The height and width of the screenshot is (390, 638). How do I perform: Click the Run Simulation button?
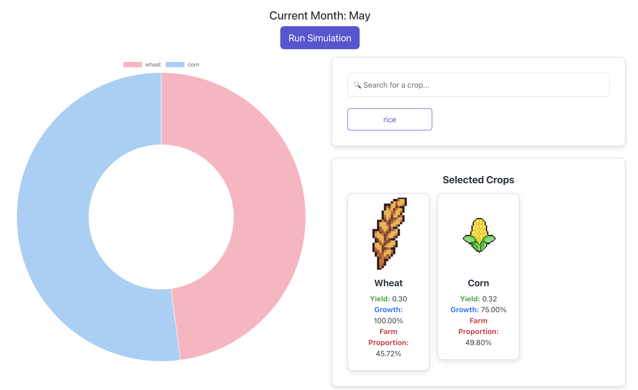319,38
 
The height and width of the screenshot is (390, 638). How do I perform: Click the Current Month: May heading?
319,16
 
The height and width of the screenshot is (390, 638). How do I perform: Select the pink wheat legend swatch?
132,65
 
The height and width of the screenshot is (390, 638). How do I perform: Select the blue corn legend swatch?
175,65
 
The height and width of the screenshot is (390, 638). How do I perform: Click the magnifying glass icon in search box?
357,85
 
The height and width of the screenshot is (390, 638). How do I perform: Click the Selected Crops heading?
478,180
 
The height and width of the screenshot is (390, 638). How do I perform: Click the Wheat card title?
388,283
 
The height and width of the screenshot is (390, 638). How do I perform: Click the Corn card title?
478,283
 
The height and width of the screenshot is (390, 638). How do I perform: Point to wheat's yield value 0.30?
399,299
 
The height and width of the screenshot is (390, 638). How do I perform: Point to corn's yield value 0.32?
489,299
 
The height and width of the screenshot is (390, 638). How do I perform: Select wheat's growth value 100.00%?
388,321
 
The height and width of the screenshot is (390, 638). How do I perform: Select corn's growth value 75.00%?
493,310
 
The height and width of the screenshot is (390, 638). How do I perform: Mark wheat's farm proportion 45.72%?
388,353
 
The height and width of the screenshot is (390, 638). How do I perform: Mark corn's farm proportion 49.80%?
478,342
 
